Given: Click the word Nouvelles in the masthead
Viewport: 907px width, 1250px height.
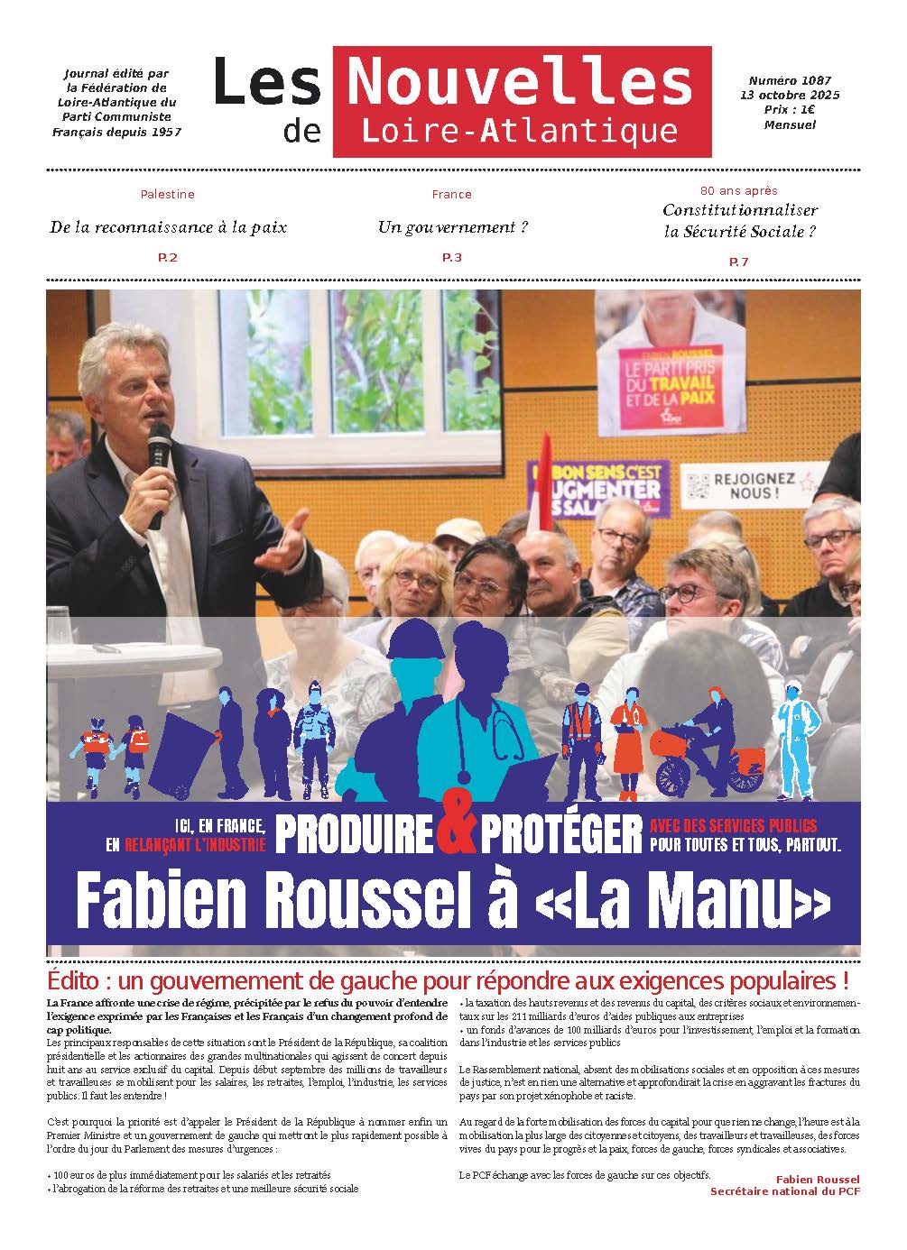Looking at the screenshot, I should (x=519, y=80).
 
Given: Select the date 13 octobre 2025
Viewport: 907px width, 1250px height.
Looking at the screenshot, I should (x=790, y=95).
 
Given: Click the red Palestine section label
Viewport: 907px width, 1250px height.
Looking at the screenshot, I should (x=167, y=194).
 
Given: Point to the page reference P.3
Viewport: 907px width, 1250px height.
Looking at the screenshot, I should (x=451, y=258).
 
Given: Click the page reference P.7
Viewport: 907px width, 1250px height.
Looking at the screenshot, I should (x=738, y=262).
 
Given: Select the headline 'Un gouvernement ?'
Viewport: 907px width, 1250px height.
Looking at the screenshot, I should (x=452, y=226).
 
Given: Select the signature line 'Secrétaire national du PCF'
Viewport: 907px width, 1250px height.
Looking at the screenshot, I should (x=784, y=1191).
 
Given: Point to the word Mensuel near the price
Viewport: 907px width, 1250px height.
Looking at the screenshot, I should (x=789, y=124).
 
